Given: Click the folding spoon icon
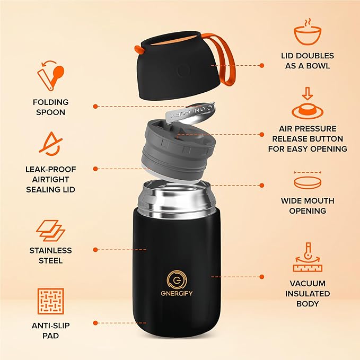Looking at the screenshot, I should click(x=50, y=76).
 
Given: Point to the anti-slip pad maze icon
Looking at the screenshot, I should click(x=50, y=302).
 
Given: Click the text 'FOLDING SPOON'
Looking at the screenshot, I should click(x=50, y=107).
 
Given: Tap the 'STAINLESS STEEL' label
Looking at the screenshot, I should click(x=50, y=256).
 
